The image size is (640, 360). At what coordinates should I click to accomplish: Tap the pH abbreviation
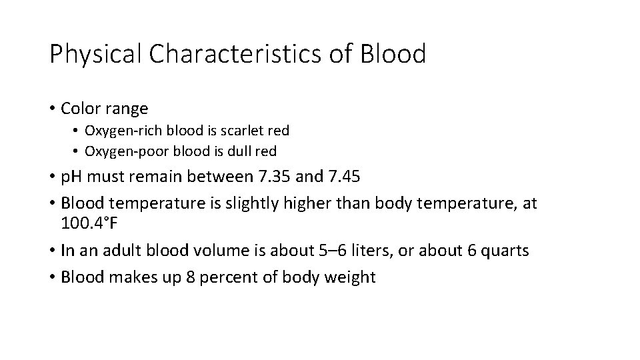tap(71, 178)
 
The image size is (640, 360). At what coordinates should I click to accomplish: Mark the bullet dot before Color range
tap(51, 108)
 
